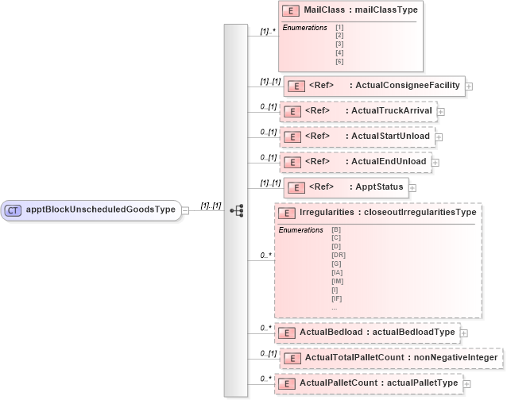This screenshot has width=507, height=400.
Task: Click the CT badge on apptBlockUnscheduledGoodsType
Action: click(x=14, y=210)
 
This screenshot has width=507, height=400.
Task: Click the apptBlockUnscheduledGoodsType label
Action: click(x=100, y=210)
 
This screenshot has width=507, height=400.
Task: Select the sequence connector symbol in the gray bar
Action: click(x=236, y=210)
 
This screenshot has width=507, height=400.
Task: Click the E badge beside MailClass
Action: click(x=291, y=10)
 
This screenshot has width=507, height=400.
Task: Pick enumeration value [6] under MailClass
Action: click(x=339, y=61)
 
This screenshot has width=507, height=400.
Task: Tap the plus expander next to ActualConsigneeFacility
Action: click(x=469, y=86)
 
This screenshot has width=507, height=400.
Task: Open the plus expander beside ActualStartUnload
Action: click(x=439, y=137)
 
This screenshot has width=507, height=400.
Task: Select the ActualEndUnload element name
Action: click(x=389, y=162)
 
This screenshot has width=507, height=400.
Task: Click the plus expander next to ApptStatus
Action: click(x=412, y=188)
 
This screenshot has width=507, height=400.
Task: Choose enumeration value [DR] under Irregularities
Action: click(x=339, y=255)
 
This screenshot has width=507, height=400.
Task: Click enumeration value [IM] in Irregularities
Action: click(x=339, y=281)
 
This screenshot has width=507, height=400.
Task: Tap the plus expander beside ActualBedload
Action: click(x=464, y=333)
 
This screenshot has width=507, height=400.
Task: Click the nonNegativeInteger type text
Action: click(x=453, y=358)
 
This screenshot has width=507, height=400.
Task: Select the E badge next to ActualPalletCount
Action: click(x=287, y=384)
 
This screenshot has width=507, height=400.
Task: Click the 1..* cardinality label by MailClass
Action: click(x=268, y=32)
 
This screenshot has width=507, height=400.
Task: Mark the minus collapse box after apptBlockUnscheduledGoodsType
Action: click(x=184, y=210)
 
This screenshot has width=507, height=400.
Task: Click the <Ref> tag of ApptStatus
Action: click(x=317, y=187)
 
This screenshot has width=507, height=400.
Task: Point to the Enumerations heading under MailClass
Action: click(x=305, y=28)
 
